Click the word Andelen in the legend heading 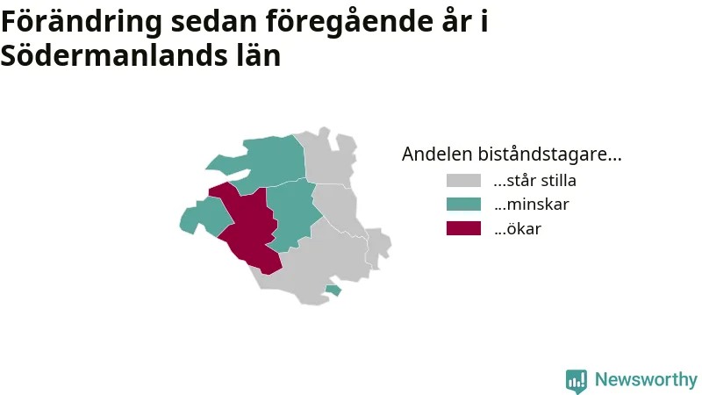(x=437, y=154)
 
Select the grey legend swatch (x=463, y=181)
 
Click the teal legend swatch (x=463, y=205)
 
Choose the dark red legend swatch (x=463, y=228)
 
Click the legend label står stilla (x=535, y=181)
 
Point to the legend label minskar (x=532, y=205)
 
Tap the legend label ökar (x=518, y=228)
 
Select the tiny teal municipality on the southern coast (x=333, y=290)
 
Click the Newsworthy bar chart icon (x=577, y=381)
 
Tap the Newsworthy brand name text (x=646, y=379)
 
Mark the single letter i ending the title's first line (x=484, y=20)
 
